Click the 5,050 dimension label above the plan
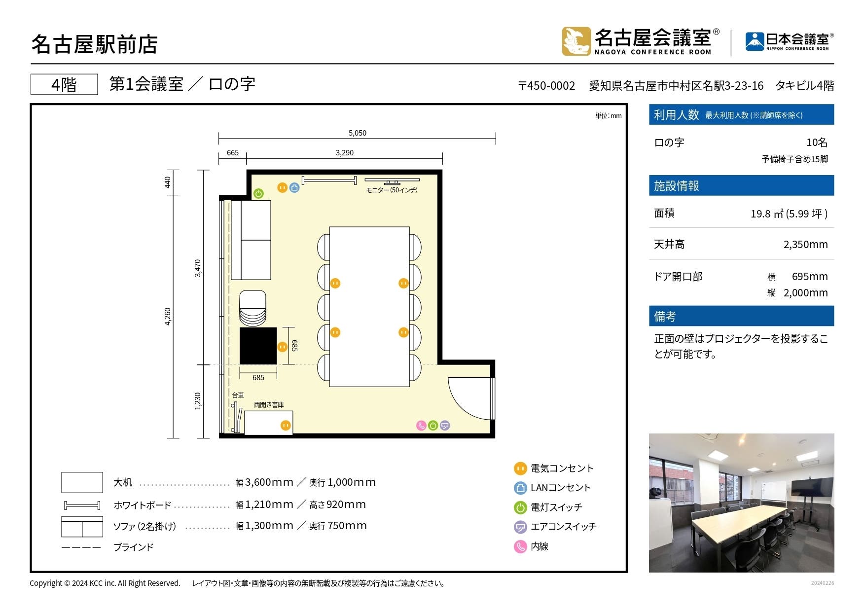click(x=357, y=133)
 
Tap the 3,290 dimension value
click(x=344, y=153)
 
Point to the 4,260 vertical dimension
click(x=168, y=316)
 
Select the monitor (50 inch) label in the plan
click(x=392, y=190)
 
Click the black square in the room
click(x=258, y=346)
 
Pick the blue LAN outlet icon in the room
click(x=294, y=187)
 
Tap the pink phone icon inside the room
click(x=421, y=426)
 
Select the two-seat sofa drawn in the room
click(x=251, y=240)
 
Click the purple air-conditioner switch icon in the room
click(x=445, y=426)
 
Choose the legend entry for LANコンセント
click(x=552, y=488)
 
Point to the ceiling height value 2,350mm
click(x=805, y=245)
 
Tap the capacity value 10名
click(x=816, y=143)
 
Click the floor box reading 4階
click(x=64, y=85)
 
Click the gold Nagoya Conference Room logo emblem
click(x=576, y=41)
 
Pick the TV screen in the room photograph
click(x=812, y=487)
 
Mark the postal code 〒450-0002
click(x=546, y=86)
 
